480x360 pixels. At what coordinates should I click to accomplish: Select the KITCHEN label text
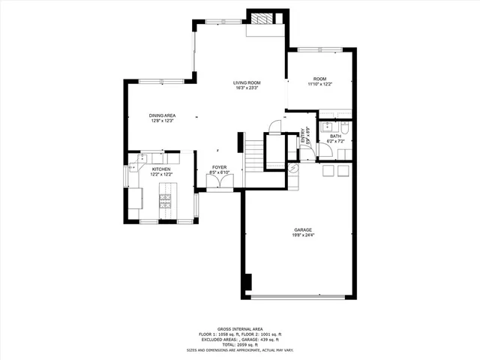(x=162, y=169)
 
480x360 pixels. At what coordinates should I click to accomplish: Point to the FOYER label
(x=219, y=167)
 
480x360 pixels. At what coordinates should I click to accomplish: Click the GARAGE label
(x=303, y=229)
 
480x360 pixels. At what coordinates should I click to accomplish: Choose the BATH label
(x=335, y=136)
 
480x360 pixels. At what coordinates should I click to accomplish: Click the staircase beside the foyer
(x=255, y=155)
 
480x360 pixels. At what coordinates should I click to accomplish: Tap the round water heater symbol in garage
(x=293, y=169)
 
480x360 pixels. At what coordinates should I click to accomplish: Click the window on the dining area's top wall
(x=159, y=80)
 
